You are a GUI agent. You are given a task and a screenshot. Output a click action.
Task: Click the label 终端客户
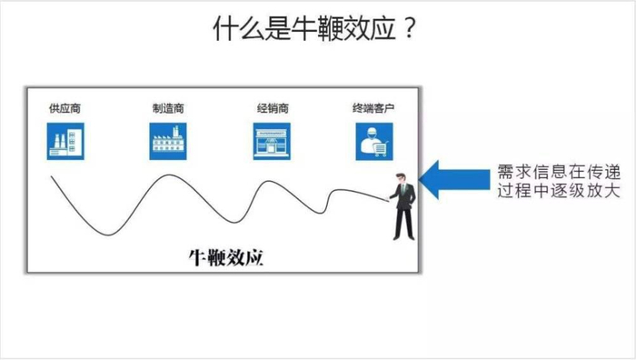[373, 108]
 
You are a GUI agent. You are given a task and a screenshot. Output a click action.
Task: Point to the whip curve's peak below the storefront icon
[266, 182]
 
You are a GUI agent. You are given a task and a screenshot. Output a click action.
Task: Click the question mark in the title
[410, 30]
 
